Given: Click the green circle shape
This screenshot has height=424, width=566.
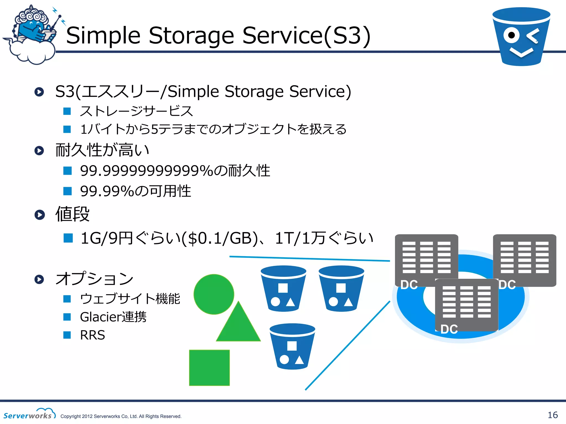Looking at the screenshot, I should point(214,294).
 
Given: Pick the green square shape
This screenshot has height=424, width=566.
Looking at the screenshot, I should point(209,368).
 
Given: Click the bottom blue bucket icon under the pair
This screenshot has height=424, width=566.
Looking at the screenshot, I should point(292,347).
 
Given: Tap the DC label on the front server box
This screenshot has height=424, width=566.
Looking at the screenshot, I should point(449,329).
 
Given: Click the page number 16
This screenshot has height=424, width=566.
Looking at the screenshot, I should point(552,415).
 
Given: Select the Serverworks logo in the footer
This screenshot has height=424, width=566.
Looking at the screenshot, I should point(29,414).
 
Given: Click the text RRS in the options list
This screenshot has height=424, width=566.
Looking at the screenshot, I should point(92,335).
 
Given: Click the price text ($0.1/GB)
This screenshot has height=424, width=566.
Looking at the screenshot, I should point(220,238).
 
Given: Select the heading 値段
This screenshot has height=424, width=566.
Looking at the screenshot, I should point(72,214).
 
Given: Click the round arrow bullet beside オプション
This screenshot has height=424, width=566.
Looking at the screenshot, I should point(39,279).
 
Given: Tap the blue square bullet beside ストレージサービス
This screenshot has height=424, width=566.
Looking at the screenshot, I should point(67,111).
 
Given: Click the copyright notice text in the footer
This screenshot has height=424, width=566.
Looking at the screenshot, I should point(121,416).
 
